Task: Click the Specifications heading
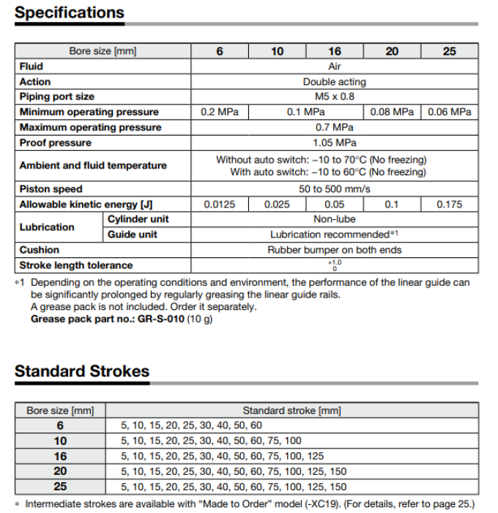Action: click(x=70, y=12)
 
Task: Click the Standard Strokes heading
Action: click(x=81, y=371)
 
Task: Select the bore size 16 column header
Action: click(x=334, y=51)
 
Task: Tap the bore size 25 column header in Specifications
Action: click(x=449, y=51)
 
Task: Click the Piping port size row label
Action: click(x=57, y=97)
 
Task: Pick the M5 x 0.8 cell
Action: click(x=334, y=97)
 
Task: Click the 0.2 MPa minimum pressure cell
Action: click(x=219, y=112)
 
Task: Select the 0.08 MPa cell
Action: click(x=392, y=112)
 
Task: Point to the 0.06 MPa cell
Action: click(x=449, y=112)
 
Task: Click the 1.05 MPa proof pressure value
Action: click(x=334, y=143)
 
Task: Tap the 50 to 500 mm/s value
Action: click(x=334, y=189)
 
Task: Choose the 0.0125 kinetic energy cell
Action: click(x=219, y=204)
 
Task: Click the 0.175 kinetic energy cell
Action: click(x=449, y=204)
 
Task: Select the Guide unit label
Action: click(x=133, y=235)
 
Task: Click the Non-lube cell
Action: click(x=334, y=219)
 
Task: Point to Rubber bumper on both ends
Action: click(x=334, y=250)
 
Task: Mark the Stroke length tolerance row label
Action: click(x=76, y=265)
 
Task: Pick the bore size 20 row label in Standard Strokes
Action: click(x=61, y=471)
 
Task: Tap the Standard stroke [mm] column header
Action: click(x=291, y=410)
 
